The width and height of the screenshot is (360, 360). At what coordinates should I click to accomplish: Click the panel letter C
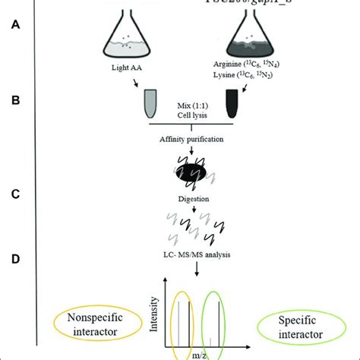coord(16,193)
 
